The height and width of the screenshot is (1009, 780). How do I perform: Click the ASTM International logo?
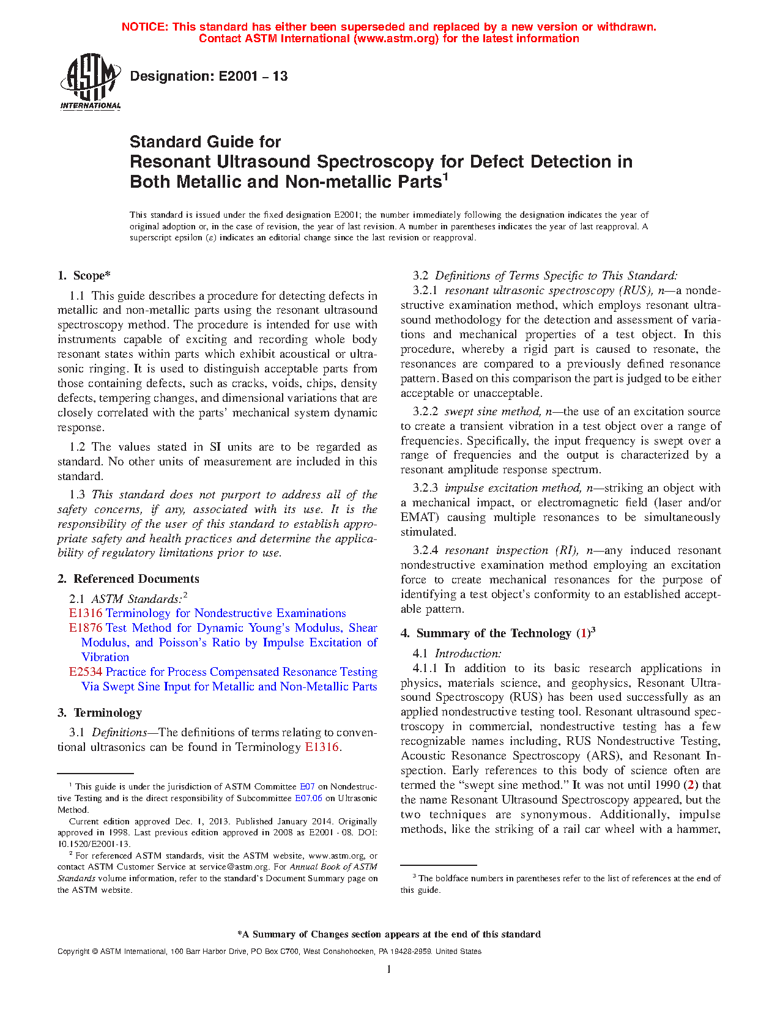(x=91, y=81)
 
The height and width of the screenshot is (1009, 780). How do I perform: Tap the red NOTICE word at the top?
(x=144, y=27)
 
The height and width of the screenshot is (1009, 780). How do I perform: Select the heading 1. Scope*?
(x=84, y=276)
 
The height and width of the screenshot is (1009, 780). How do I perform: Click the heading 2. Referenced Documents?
(x=128, y=579)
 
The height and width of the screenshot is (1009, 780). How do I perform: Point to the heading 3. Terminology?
(x=100, y=713)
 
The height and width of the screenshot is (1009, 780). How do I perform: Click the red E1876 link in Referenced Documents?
(x=86, y=628)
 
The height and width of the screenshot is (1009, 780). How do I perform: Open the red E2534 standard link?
(x=86, y=672)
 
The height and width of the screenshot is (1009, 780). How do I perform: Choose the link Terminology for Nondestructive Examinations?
(x=226, y=613)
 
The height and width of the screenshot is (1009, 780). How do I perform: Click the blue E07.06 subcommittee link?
(x=308, y=798)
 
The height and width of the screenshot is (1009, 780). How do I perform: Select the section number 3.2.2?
(x=425, y=412)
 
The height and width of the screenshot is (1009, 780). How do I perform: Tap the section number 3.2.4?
(x=425, y=550)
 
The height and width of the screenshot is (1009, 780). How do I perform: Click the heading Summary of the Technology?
(x=494, y=634)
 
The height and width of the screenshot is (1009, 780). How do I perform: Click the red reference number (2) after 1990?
(x=691, y=785)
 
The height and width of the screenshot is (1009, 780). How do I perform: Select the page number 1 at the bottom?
(x=389, y=969)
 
